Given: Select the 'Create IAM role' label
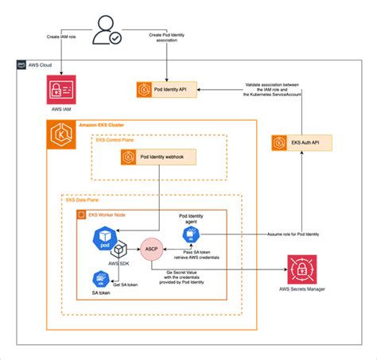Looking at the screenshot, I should click(x=60, y=35).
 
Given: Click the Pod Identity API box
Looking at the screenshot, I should click(x=169, y=89).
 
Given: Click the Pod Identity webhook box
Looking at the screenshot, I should click(x=156, y=157).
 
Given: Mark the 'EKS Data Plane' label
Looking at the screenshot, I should click(x=81, y=202).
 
